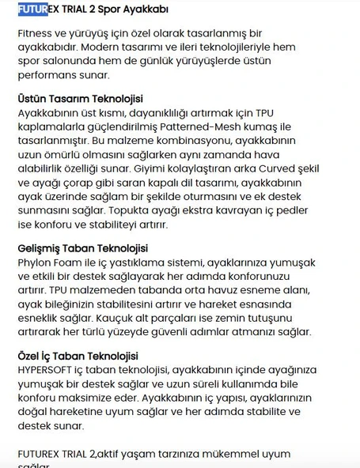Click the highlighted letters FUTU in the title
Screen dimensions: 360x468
(x=30, y=10)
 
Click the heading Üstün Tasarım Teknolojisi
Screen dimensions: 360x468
(x=80, y=99)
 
